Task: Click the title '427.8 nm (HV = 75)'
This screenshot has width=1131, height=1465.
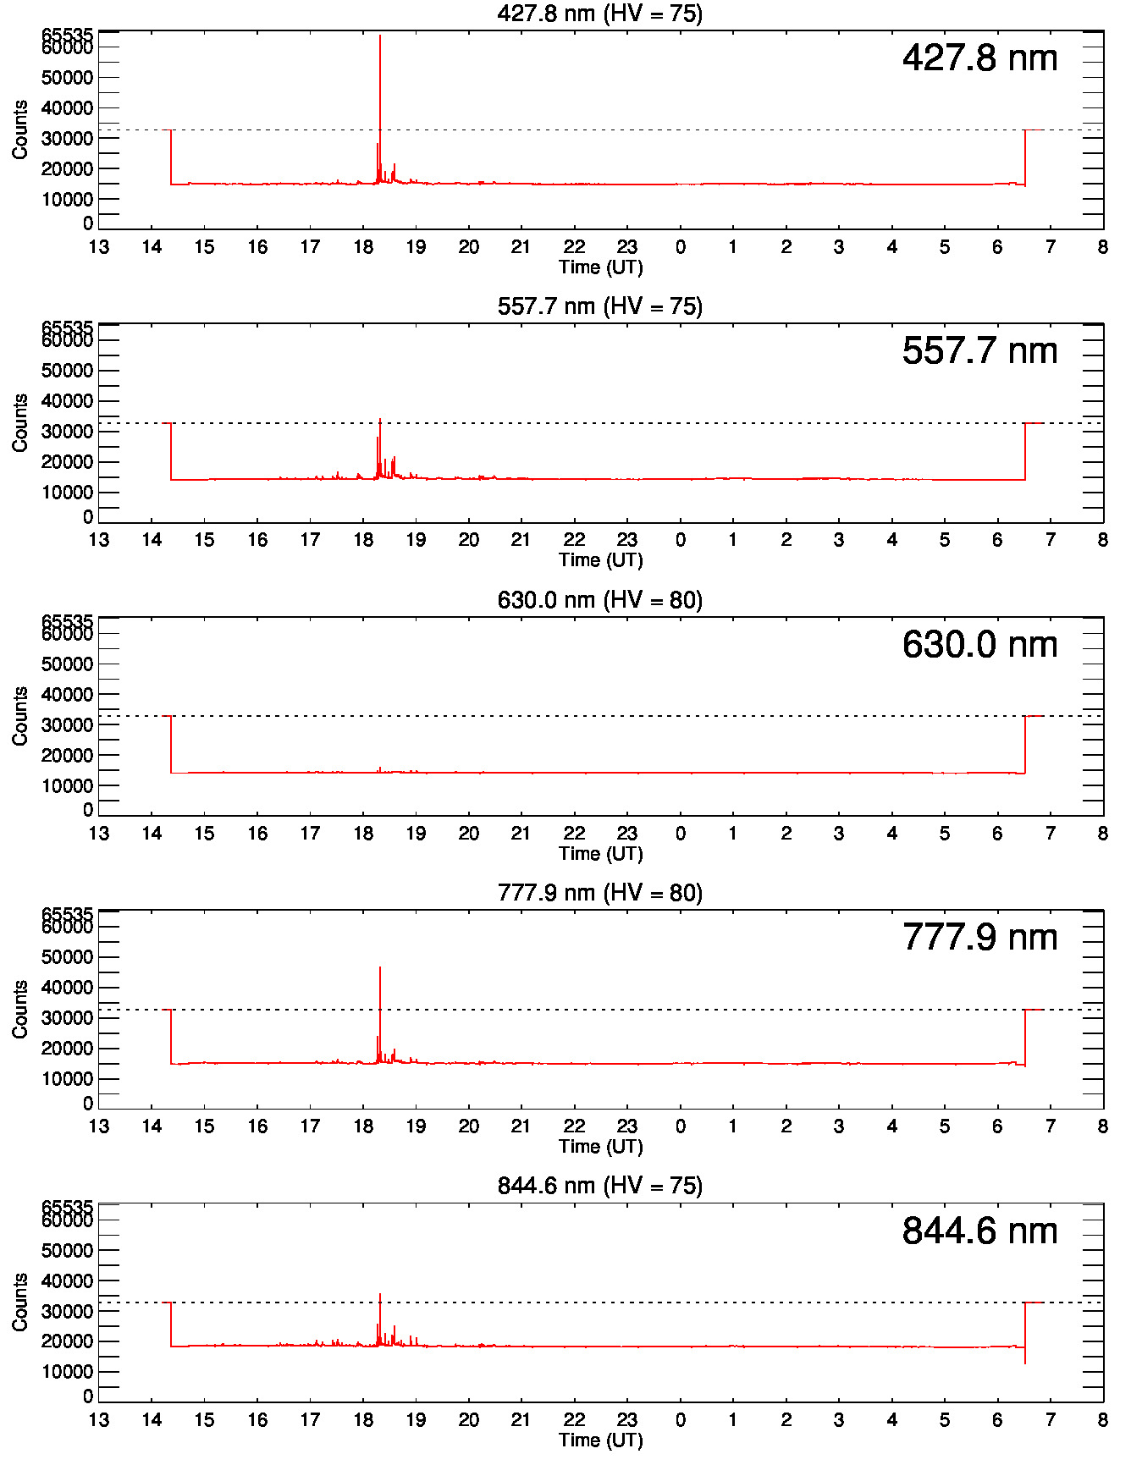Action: click(599, 14)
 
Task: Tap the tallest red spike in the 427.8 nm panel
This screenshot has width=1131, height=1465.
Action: click(380, 51)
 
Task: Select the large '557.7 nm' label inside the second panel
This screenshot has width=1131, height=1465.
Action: click(979, 350)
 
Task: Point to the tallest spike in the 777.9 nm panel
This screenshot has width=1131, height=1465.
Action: click(380, 973)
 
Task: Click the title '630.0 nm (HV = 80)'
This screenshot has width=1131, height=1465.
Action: click(599, 600)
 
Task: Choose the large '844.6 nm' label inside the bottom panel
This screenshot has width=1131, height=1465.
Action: click(979, 1231)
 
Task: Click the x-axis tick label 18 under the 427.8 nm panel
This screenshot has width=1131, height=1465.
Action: click(363, 247)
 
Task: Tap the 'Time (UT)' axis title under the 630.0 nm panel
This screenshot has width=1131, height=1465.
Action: click(600, 853)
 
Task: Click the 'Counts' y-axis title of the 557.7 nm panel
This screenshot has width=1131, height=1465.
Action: click(20, 422)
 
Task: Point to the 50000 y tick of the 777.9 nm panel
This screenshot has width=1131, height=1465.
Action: click(67, 957)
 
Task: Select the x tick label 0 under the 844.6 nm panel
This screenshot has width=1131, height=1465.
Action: click(681, 1420)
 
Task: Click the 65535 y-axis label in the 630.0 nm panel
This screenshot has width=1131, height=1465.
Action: click(67, 622)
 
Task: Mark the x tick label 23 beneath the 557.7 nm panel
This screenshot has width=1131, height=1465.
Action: click(627, 540)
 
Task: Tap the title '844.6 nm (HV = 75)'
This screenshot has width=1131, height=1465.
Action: click(599, 1186)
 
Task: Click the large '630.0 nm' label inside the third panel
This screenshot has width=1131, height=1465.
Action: click(979, 644)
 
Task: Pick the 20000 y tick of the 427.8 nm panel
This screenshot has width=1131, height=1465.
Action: click(67, 168)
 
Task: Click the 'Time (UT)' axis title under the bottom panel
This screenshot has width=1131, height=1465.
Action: click(600, 1440)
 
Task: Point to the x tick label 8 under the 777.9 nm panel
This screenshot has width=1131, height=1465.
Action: click(1102, 1126)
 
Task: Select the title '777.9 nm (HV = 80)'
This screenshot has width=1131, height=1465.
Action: click(599, 893)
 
